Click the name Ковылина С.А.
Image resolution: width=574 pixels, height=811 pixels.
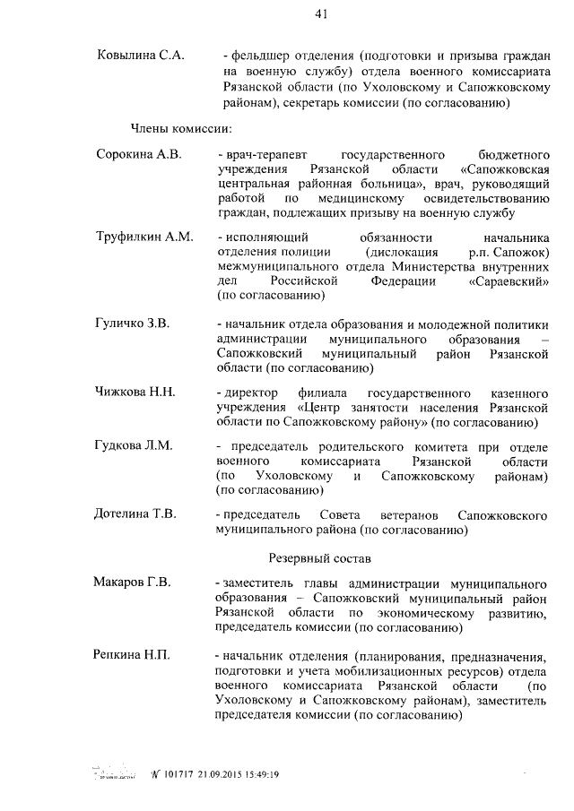(x=140, y=56)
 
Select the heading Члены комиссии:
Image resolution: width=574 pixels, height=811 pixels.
(x=170, y=129)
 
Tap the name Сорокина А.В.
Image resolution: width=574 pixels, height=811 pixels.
(x=139, y=154)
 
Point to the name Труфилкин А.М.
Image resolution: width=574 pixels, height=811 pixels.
(x=144, y=237)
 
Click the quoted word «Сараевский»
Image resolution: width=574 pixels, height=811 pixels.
(x=509, y=280)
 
